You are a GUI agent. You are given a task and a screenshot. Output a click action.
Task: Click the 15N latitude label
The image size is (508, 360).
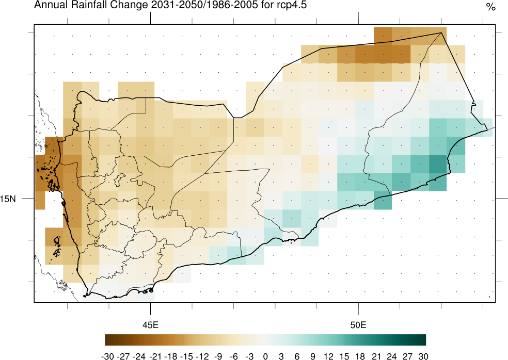9,199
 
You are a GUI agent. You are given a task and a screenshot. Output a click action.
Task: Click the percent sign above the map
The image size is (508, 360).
490,7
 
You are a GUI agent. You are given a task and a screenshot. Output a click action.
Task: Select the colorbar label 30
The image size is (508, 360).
423,356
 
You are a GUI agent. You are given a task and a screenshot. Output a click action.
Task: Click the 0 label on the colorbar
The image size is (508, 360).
265,356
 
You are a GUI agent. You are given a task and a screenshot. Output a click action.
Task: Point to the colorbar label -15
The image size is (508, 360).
186,356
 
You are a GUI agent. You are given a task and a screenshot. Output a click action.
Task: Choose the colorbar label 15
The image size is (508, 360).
344,356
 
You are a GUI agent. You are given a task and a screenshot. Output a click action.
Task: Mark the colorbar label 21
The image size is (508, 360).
376,356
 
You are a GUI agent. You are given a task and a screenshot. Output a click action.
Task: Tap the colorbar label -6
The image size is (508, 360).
234,356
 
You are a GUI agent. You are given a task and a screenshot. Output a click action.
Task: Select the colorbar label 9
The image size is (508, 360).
313,356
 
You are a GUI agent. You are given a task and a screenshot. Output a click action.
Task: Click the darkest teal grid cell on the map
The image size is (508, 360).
437,165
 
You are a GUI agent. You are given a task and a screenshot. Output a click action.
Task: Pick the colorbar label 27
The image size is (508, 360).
407,356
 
